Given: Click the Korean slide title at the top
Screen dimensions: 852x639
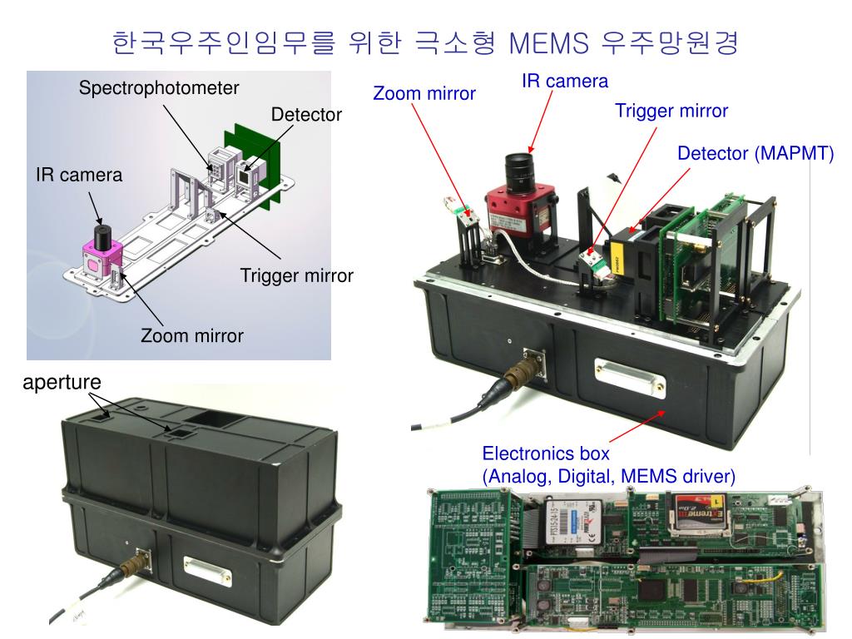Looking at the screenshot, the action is (425, 42).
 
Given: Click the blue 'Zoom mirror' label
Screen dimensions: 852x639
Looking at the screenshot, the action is (424, 93).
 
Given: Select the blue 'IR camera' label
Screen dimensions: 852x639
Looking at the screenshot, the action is (565, 81).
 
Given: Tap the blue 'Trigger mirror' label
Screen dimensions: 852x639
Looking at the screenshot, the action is (671, 111).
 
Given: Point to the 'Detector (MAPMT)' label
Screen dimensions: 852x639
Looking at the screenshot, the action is (755, 154).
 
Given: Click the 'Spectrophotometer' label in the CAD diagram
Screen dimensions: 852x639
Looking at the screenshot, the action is (159, 87).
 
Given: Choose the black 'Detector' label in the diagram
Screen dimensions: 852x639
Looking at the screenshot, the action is (306, 115).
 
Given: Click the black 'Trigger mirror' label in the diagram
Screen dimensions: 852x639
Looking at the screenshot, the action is (297, 275).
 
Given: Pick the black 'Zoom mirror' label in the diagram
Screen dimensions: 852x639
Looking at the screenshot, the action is (192, 336).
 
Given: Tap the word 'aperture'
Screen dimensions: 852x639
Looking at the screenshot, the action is (62, 382).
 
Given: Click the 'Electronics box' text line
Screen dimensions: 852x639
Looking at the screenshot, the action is (546, 454).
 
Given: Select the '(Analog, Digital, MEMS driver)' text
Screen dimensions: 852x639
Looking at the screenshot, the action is (609, 476).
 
